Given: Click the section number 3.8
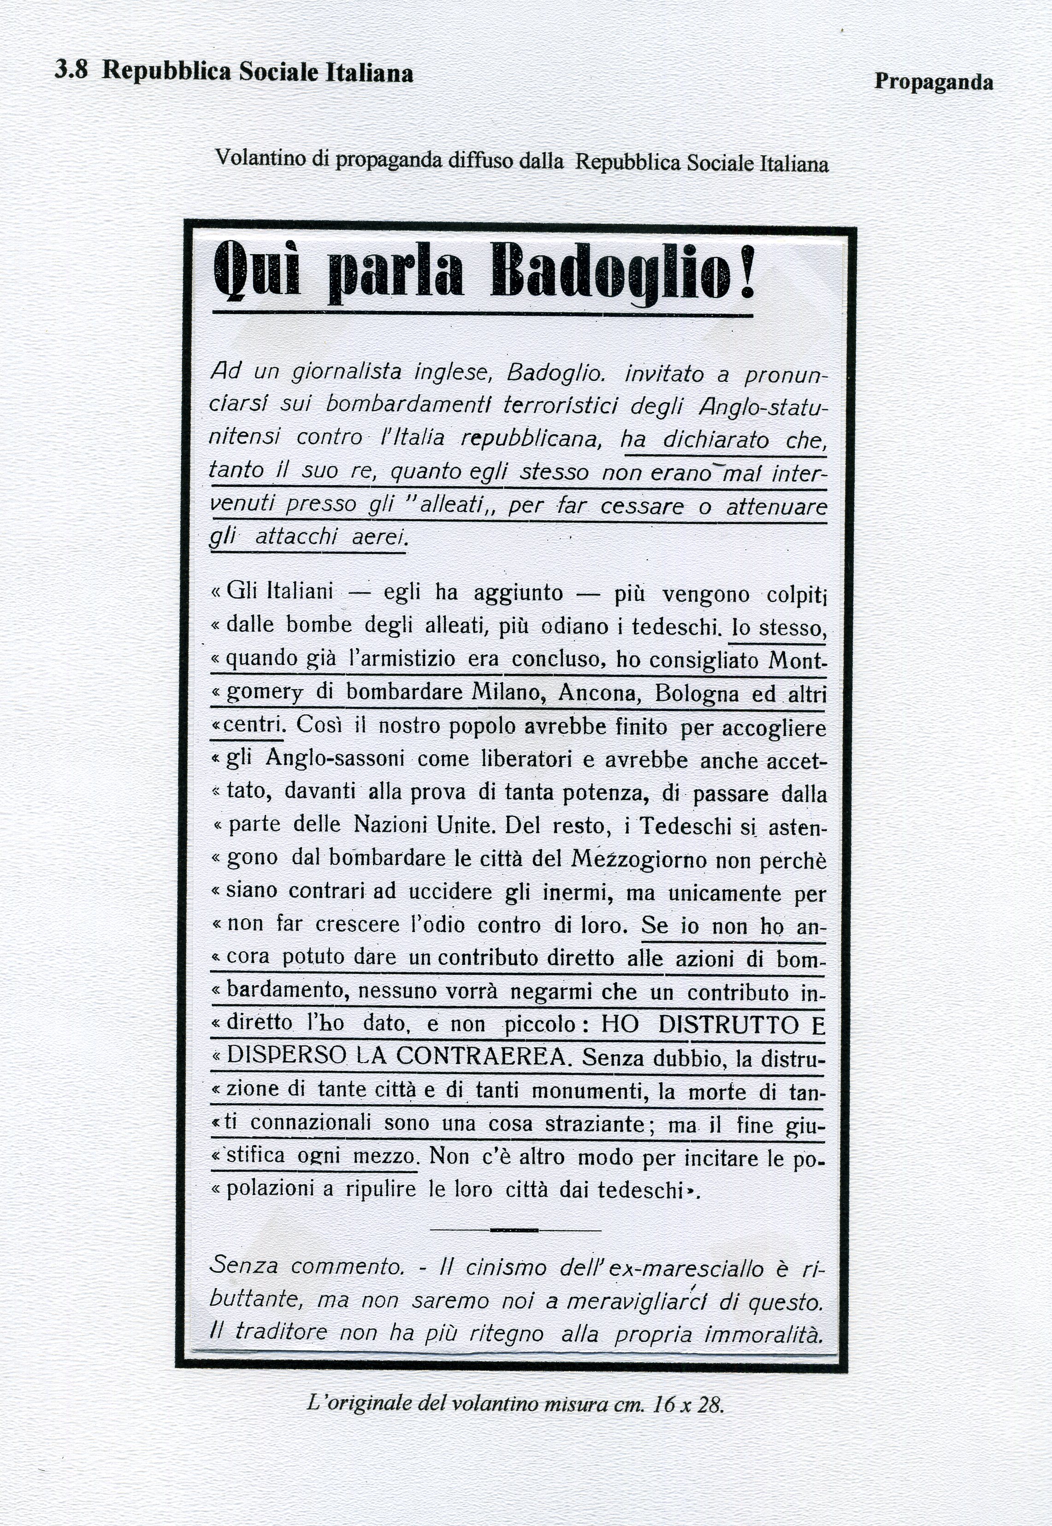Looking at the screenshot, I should coord(71,71).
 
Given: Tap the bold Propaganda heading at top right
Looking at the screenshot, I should coord(933,83).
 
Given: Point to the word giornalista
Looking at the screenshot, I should coord(346,373).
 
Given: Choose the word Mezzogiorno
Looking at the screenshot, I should coord(639,859).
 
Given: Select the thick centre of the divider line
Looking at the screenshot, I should coord(514,1230).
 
